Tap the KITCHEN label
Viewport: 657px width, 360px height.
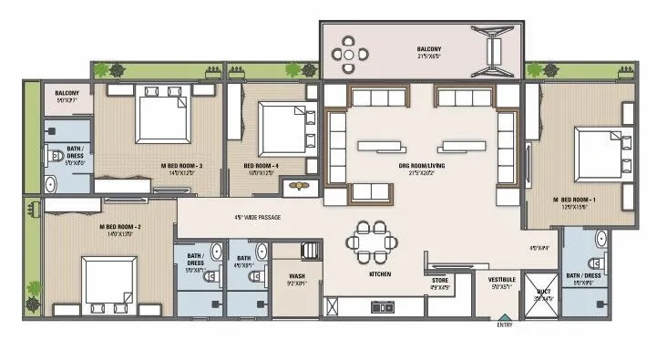(380, 273)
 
